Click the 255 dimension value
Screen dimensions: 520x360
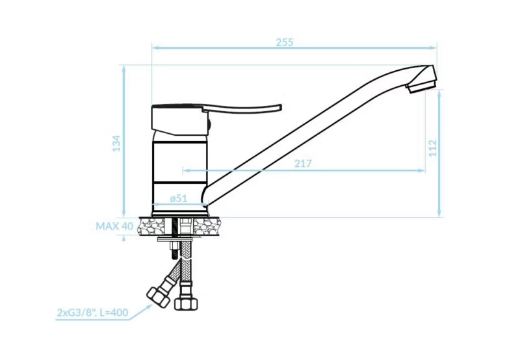tap(285, 42)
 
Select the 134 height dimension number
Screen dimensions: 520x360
tap(117, 144)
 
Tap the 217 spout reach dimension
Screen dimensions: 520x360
tap(303, 164)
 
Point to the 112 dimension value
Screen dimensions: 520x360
tap(433, 148)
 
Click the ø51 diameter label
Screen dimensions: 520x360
tap(179, 198)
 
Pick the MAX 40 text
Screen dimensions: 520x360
tap(114, 226)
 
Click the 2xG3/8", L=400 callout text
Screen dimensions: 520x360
tap(92, 313)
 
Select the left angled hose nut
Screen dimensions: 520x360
tap(158, 297)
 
